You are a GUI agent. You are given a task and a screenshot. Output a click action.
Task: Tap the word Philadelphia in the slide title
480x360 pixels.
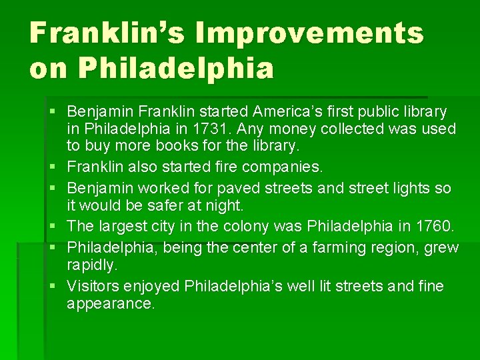(175, 69)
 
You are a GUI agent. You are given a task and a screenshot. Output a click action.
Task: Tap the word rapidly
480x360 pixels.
(92, 265)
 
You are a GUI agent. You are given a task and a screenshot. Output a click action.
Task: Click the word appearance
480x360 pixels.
(110, 304)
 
